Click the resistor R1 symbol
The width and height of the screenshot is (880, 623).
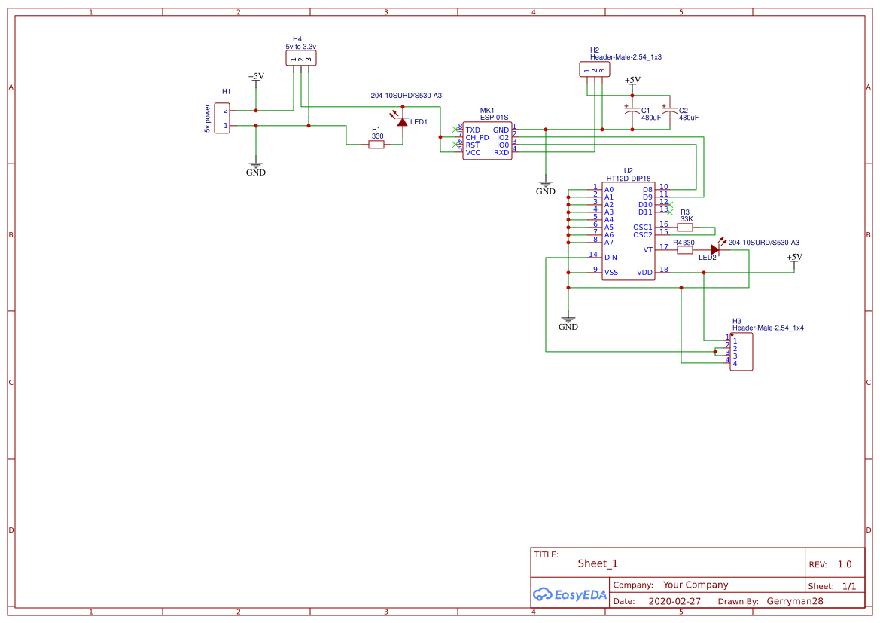tap(376, 145)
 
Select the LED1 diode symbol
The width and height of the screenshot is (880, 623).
tap(402, 121)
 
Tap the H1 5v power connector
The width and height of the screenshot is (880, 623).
tap(222, 118)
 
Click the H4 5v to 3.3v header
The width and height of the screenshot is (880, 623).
tap(301, 59)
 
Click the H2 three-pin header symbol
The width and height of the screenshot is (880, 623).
tap(595, 70)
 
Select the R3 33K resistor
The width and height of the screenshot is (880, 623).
tap(685, 227)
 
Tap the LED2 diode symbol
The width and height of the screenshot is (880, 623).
tap(714, 249)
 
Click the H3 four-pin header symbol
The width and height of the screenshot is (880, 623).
tap(741, 352)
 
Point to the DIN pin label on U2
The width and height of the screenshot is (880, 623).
tap(611, 258)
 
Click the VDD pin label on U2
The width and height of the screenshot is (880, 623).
tap(644, 273)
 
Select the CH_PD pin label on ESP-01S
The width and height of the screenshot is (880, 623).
tap(477, 138)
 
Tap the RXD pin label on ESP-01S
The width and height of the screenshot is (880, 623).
tap(501, 153)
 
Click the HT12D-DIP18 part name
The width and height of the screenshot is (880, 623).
tap(628, 178)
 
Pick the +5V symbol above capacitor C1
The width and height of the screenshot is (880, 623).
tap(632, 81)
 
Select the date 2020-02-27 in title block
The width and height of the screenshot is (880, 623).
tap(674, 602)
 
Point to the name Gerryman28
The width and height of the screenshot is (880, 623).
tap(795, 602)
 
